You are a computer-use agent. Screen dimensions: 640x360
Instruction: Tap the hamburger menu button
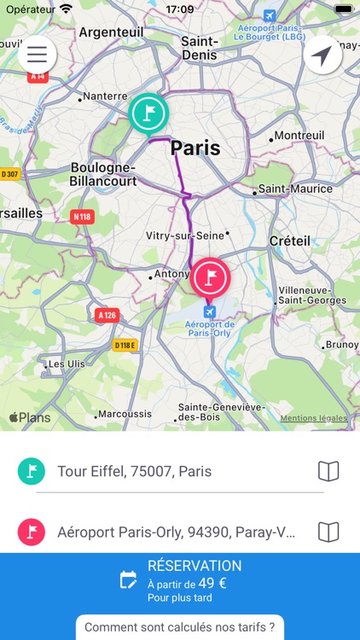37,55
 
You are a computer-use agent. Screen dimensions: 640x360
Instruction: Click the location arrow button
322,55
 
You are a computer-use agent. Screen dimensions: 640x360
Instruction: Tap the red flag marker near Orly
211,277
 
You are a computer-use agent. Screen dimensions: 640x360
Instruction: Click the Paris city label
195,148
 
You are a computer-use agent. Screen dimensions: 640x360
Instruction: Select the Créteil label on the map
289,241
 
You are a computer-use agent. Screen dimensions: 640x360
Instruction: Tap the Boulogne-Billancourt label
103,174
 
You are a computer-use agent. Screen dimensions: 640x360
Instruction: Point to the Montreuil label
299,136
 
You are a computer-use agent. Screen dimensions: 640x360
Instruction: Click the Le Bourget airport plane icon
270,16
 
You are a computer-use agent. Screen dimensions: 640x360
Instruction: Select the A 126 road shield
107,316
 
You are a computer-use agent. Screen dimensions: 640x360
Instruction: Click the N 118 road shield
82,217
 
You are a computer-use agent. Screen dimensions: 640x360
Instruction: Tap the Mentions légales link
313,418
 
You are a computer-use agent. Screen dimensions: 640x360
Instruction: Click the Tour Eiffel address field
171,471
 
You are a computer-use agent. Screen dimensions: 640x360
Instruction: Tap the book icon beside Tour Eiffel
328,471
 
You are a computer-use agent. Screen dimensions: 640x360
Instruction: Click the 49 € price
213,583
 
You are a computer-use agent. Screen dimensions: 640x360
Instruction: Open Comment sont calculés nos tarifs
179,627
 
